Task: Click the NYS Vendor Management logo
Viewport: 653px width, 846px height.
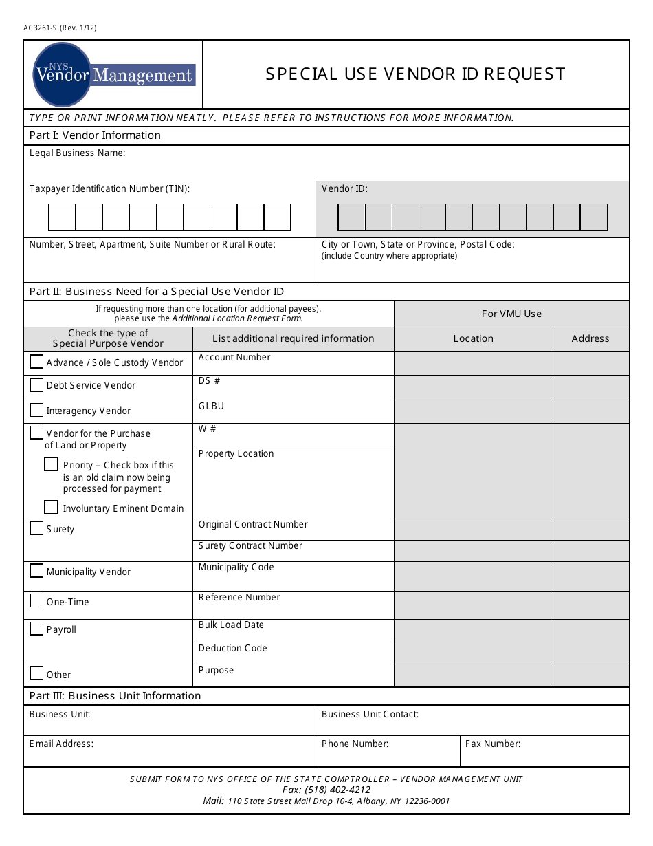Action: [114, 74]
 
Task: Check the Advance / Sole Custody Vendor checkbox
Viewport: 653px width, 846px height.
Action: [36, 361]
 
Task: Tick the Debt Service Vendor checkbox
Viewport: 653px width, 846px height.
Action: [36, 384]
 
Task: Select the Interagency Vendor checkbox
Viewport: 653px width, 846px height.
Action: [36, 410]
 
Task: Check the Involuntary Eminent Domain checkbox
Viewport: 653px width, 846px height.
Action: [51, 508]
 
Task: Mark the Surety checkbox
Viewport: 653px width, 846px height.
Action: [36, 528]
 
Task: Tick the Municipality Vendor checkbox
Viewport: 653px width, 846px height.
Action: [36, 571]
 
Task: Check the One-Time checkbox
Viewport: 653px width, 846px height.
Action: [36, 601]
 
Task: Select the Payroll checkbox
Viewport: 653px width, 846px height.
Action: [36, 629]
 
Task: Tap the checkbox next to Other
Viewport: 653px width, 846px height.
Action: [36, 673]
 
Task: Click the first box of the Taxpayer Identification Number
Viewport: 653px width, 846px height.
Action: [62, 217]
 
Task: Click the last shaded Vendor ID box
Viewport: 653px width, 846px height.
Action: [593, 217]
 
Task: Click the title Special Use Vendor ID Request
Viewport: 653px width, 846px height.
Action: [415, 74]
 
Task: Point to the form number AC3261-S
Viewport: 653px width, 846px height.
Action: [40, 28]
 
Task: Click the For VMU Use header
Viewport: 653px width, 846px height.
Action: [511, 314]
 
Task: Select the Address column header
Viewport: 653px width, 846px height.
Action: [590, 338]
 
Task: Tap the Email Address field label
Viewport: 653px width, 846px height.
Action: [61, 744]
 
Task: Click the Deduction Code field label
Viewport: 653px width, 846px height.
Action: [232, 648]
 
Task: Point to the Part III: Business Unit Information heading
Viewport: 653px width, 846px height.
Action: [115, 695]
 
